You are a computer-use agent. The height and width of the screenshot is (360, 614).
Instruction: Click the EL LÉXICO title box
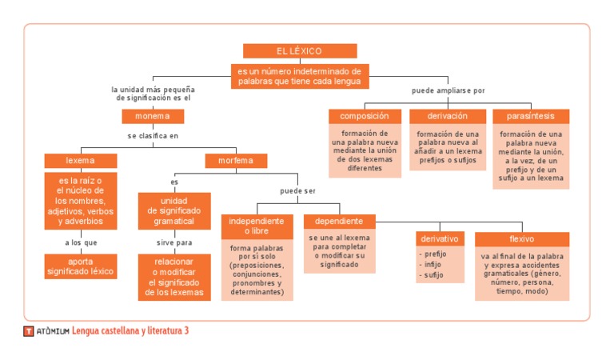click(300, 51)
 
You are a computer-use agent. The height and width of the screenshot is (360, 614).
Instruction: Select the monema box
click(153, 117)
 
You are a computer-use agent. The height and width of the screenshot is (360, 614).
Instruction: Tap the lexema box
click(80, 160)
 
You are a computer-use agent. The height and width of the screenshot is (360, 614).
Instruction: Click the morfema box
click(236, 160)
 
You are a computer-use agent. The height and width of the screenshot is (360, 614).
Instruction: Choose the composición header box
click(365, 116)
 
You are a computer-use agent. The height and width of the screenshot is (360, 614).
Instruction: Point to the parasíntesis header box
click(531, 116)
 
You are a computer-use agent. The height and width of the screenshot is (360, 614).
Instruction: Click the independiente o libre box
click(257, 226)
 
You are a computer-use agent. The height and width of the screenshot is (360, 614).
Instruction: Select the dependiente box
click(339, 221)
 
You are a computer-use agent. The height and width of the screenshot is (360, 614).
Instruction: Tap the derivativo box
click(440, 238)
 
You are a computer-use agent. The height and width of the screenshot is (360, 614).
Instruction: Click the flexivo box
click(521, 238)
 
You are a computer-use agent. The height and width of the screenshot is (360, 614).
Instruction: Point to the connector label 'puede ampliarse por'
click(449, 90)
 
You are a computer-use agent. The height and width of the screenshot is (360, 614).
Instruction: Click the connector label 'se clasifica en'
click(153, 136)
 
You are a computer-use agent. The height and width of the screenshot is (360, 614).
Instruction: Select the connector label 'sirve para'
click(174, 241)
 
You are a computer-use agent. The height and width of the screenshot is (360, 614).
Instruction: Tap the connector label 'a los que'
click(81, 241)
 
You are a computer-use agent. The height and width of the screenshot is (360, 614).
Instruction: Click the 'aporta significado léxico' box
click(81, 266)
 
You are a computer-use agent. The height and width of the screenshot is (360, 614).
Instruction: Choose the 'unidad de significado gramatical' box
click(174, 210)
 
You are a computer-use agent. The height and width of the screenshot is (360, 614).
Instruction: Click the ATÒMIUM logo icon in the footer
click(28, 331)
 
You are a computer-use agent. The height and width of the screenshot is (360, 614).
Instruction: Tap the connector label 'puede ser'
click(298, 191)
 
